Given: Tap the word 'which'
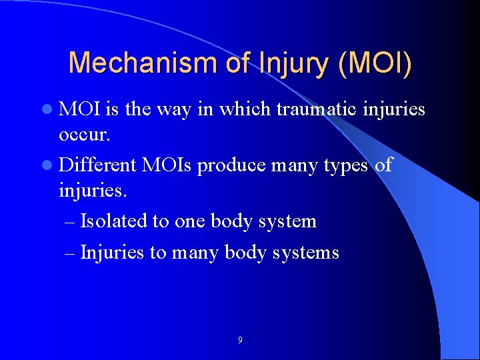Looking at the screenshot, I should pos(243,109).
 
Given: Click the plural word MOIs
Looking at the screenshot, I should pos(170,164).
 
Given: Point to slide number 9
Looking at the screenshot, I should pos(240,341).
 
